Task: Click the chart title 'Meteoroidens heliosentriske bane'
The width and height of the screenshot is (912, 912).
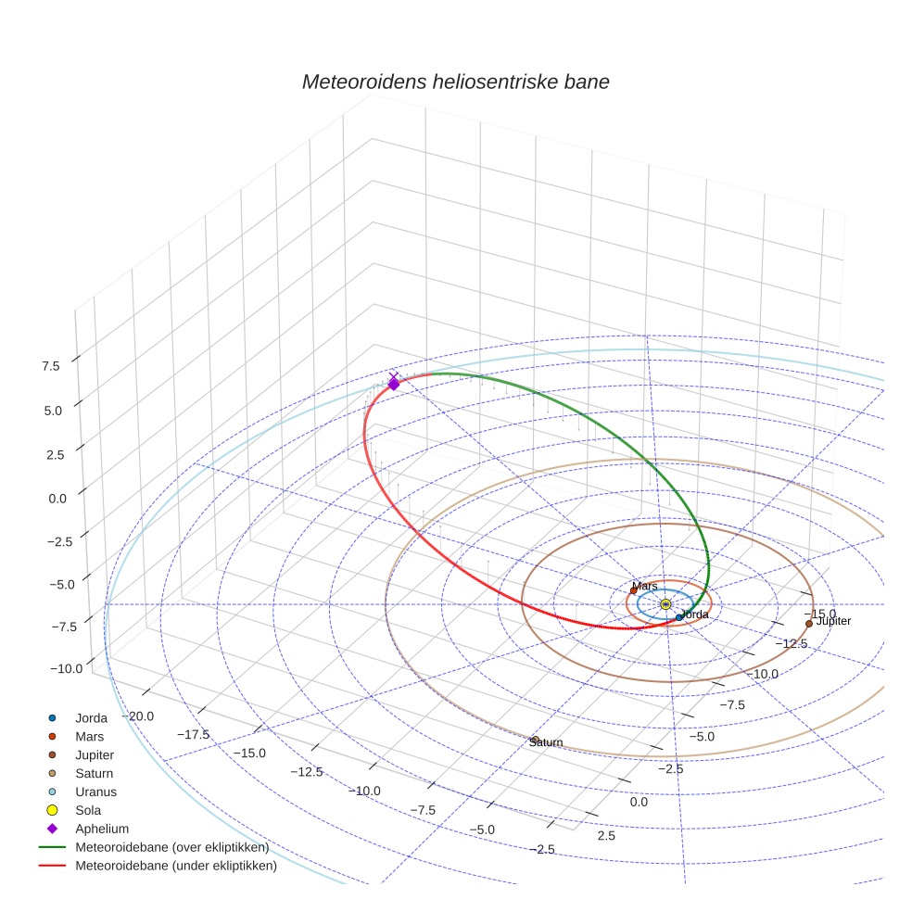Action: tap(455, 82)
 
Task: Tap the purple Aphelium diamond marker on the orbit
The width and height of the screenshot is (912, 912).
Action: tap(394, 383)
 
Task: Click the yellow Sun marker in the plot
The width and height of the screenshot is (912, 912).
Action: tap(665, 604)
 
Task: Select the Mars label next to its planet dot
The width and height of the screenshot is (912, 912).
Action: tap(645, 586)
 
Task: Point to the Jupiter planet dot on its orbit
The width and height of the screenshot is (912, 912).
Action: tap(809, 624)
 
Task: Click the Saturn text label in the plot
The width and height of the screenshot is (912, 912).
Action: tap(546, 742)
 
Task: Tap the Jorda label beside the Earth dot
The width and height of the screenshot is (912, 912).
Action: tap(695, 614)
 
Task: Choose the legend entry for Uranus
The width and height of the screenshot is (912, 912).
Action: tap(95, 792)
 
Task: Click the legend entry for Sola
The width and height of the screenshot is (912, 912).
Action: tap(88, 810)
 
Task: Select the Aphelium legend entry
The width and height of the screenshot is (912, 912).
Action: tap(101, 829)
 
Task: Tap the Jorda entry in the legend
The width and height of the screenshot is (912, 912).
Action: tap(91, 717)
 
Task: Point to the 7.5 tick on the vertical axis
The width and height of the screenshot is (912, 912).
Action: tap(50, 366)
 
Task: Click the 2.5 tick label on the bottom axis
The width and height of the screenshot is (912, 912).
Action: tap(606, 836)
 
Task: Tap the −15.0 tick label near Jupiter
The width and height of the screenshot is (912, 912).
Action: tap(817, 614)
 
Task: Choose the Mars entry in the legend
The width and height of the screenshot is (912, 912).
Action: tap(90, 736)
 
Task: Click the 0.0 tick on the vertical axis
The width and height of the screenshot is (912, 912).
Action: tap(57, 498)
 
